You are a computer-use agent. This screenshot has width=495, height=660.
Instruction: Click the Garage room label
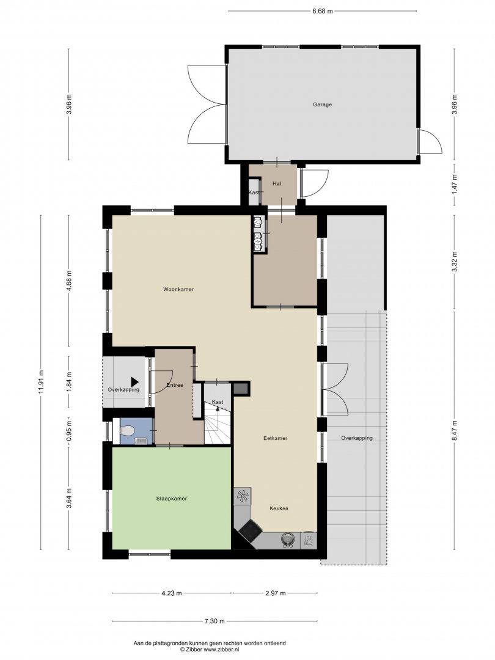[322, 105]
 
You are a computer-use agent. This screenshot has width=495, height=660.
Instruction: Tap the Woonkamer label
[178, 289]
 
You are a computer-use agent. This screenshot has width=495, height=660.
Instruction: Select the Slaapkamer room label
[171, 499]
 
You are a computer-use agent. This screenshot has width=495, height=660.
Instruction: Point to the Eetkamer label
[275, 438]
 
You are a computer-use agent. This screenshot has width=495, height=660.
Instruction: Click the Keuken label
[279, 508]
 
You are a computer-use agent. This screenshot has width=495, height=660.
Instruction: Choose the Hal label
[277, 183]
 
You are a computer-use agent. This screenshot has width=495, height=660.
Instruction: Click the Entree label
[175, 385]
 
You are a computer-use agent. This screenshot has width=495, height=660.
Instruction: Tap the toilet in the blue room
[127, 431]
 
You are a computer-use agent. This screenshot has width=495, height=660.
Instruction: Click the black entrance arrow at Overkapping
[134, 382]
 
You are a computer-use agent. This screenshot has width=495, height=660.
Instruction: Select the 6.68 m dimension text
[323, 12]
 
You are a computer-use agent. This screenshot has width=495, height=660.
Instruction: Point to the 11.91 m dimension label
[41, 382]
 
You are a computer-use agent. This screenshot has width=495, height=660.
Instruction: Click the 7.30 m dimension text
[215, 621]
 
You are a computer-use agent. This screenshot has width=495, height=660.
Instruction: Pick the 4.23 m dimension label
[171, 593]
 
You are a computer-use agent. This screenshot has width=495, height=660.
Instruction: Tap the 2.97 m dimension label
[275, 593]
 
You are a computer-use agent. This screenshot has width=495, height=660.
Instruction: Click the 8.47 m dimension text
[454, 431]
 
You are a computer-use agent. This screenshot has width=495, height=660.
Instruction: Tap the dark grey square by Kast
[241, 389]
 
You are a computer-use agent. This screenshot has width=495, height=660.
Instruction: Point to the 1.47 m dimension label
[454, 184]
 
